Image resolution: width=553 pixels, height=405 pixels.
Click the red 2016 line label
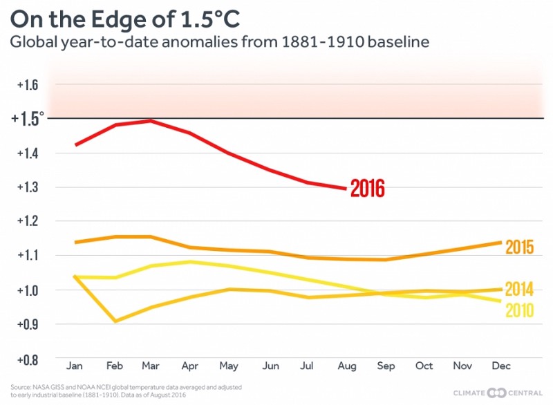[367, 188]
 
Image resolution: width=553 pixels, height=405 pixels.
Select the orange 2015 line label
[518, 247]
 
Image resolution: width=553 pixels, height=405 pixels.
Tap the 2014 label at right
[518, 289]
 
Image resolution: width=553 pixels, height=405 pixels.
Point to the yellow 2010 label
[518, 310]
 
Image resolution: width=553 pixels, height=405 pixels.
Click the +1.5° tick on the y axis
[28, 119]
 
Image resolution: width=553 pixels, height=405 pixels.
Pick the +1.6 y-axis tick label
[27, 85]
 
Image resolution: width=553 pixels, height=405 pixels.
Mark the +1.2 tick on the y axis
[27, 221]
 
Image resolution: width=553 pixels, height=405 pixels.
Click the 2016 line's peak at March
[151, 121]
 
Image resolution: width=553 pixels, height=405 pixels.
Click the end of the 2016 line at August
[344, 188]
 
